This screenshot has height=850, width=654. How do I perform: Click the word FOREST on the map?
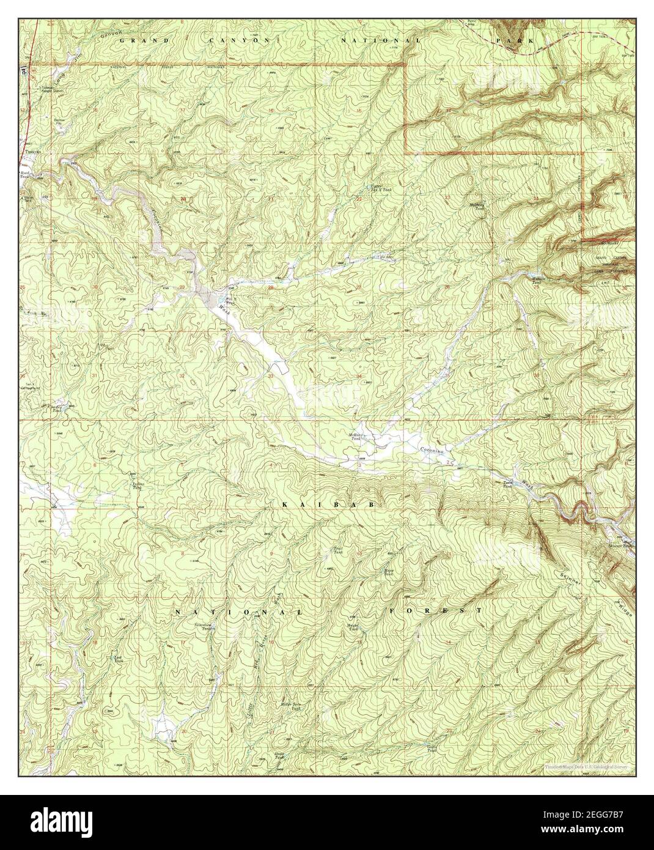(435, 610)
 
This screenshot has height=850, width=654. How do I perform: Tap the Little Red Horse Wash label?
(262, 673)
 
